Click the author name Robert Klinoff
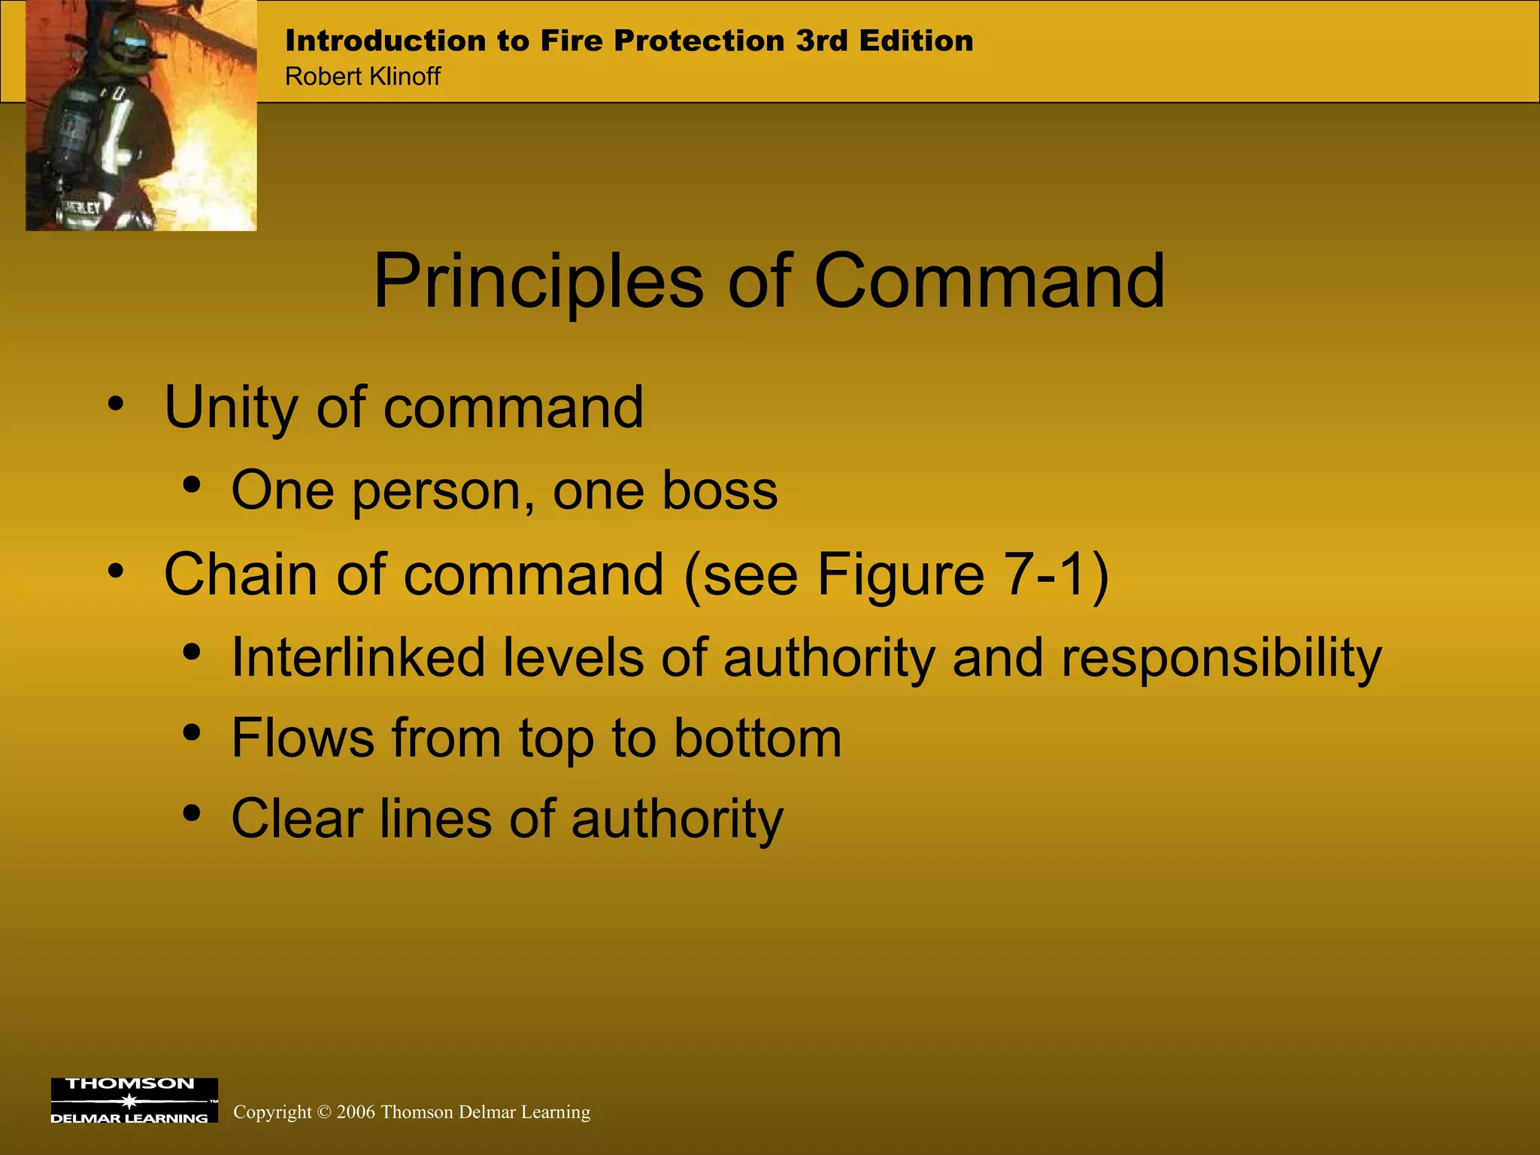[x=362, y=77]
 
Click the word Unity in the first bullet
[x=231, y=408]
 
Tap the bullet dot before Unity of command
[x=115, y=404]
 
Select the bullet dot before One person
[x=192, y=486]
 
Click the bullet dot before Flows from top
[x=192, y=732]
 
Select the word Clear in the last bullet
[x=297, y=819]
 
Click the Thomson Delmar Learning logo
[x=134, y=1100]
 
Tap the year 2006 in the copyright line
[x=356, y=1112]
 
